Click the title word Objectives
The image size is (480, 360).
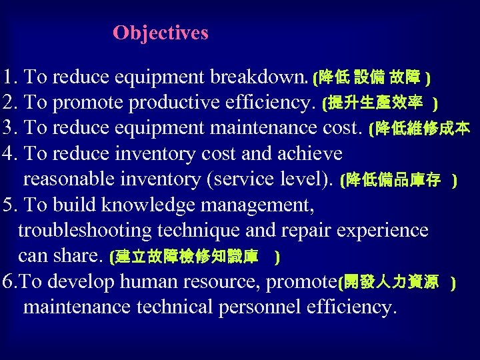[161, 33]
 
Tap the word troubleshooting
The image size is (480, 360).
[85, 231]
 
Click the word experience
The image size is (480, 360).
[383, 231]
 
